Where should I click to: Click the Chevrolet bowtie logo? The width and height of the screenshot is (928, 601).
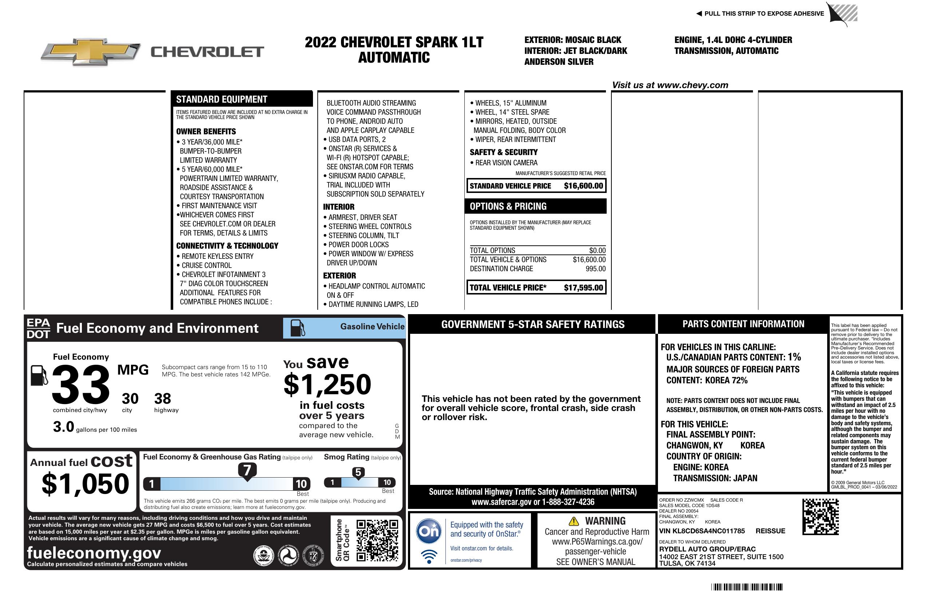(91, 51)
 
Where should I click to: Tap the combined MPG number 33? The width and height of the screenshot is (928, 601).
(81, 384)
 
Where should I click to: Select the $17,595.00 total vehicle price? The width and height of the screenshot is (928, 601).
(583, 288)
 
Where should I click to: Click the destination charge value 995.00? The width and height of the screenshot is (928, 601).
(595, 269)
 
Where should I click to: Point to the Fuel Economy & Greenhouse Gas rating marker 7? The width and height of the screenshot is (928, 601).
(247, 470)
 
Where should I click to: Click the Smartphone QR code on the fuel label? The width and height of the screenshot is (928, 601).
(377, 540)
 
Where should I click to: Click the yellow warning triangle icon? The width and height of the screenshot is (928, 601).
(574, 521)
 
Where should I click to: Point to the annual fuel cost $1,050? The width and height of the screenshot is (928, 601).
(86, 484)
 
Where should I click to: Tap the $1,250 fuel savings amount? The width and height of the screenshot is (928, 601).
(328, 384)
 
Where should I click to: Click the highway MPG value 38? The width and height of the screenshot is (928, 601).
(163, 399)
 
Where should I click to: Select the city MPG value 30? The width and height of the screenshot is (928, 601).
(130, 399)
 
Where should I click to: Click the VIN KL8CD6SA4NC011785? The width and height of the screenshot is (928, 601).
(702, 531)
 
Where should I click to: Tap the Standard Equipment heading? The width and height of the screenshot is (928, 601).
(222, 99)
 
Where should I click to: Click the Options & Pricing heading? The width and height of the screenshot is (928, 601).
(508, 206)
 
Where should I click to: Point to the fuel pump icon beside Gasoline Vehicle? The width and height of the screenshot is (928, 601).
(298, 328)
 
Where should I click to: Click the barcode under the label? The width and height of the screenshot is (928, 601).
(747, 587)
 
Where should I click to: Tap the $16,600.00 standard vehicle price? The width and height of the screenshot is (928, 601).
(583, 186)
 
